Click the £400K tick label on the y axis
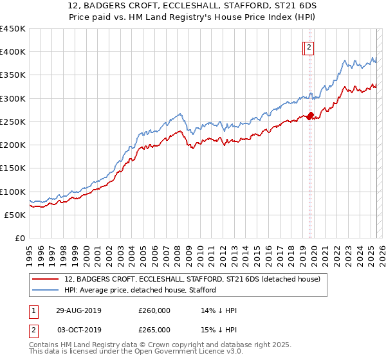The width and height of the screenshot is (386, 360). point(13,52)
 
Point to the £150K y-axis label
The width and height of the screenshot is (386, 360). point(13,168)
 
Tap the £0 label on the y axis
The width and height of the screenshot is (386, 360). point(21,239)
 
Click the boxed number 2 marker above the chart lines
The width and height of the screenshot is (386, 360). point(309,47)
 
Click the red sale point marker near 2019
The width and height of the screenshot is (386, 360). point(309,116)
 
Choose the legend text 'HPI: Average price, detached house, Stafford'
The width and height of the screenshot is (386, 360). point(140,290)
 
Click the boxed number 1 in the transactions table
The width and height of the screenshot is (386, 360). point(33,310)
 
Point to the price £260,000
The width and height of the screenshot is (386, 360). point(154,310)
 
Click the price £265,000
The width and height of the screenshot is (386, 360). point(154,330)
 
